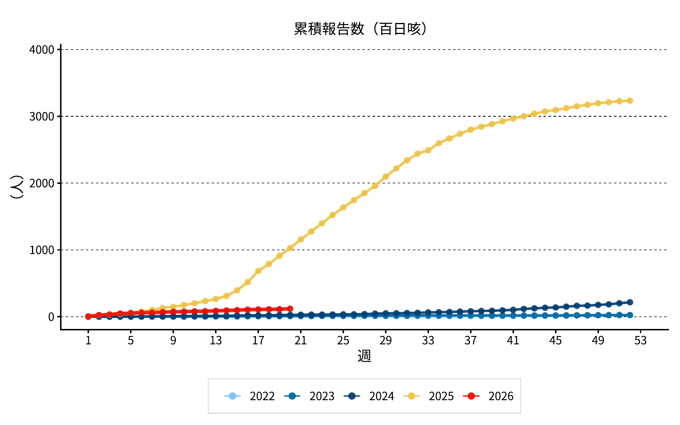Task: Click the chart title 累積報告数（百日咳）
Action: pos(360,29)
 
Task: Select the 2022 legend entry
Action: pos(249,396)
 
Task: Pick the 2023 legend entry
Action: pos(309,396)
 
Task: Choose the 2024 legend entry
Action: pos(369,396)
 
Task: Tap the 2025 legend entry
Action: pos(428,396)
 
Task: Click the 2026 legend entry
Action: pos(488,396)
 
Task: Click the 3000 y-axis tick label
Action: pos(42,116)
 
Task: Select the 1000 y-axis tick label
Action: pos(42,250)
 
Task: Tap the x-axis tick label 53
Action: pos(640,340)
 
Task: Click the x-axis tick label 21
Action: pos(301,340)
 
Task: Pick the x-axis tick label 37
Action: pos(471,340)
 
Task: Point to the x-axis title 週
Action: pos(364,356)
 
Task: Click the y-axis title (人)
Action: pos(17,187)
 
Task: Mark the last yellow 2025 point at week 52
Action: pos(630,101)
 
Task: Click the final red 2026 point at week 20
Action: pos(290,309)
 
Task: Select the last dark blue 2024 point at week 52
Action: pos(630,302)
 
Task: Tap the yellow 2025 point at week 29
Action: pos(386,177)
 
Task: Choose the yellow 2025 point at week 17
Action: pos(258,271)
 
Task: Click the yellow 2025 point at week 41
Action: pos(513,118)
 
